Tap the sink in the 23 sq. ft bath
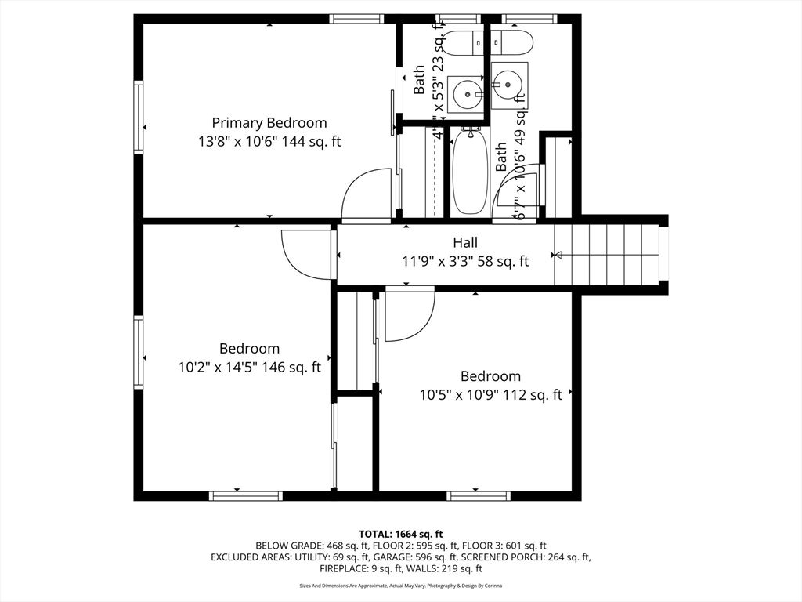469,95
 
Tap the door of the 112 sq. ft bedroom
410,314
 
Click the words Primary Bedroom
269,123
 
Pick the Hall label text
464,243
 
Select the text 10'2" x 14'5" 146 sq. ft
250,367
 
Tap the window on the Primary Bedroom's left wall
139,117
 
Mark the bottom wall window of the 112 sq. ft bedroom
478,495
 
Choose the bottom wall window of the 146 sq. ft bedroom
246,495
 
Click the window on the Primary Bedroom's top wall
356,19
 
